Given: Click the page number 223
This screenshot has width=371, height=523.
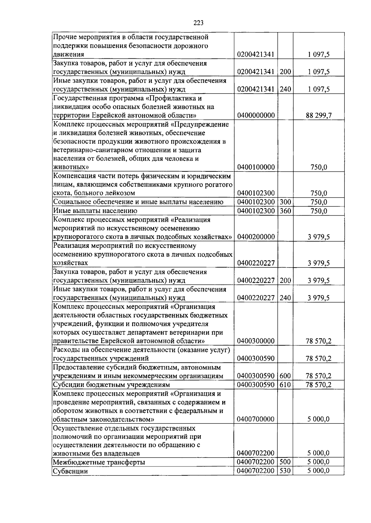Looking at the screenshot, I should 198,23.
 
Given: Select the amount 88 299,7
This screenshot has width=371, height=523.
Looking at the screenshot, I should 319,116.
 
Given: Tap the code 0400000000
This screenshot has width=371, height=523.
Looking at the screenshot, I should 256,116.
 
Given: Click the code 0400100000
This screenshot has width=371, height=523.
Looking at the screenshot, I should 256,167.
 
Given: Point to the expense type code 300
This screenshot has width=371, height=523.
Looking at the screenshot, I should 285,202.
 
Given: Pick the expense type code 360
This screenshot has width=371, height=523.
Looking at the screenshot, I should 285,211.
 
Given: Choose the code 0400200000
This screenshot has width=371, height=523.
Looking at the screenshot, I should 256,237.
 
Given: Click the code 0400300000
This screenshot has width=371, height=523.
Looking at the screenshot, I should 256,341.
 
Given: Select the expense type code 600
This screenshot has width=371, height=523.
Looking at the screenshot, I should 285,376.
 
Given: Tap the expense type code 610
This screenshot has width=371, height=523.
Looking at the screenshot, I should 285,385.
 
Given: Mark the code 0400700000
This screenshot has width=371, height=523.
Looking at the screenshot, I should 256,419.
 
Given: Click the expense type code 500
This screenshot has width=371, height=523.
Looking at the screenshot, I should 285,462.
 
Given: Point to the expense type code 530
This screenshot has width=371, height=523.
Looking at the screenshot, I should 285,471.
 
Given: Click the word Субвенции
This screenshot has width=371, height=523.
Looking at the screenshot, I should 70,471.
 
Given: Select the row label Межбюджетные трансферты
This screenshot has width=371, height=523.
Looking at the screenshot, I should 99,462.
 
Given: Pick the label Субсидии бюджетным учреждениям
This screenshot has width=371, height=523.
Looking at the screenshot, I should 112,385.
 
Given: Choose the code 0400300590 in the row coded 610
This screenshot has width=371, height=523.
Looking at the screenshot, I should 256,385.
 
